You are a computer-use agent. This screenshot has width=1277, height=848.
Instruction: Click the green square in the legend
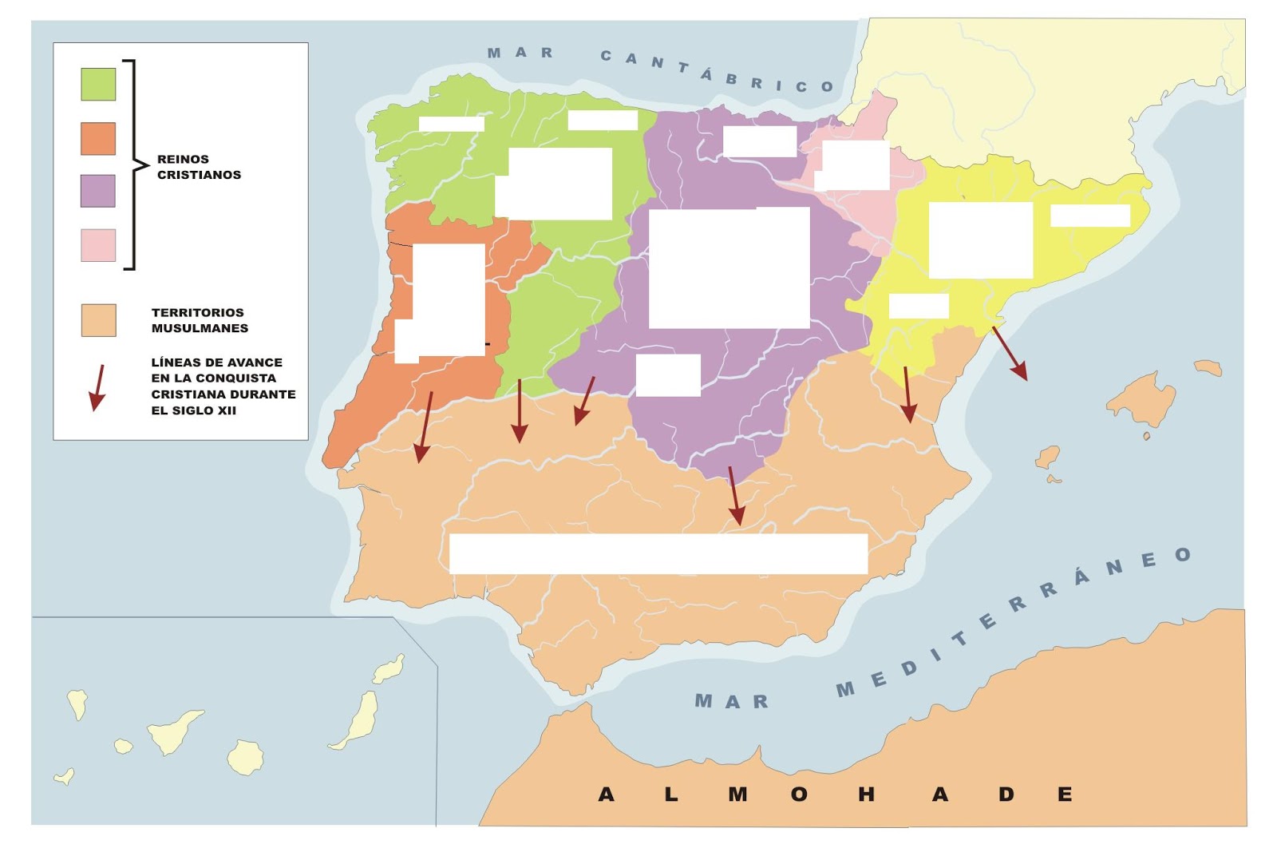(98, 84)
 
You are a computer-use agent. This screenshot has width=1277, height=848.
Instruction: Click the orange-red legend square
(98, 138)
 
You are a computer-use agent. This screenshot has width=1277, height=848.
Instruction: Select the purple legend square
(98, 191)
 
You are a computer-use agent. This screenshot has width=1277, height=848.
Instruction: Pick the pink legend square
(98, 245)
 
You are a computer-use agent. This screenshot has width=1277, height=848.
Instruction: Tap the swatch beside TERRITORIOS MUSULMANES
(98, 320)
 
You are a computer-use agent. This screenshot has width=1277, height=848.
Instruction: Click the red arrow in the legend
(98, 388)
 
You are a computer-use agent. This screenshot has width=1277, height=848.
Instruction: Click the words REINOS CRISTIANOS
(199, 167)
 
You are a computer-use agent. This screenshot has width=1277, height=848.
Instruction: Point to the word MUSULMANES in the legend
(200, 328)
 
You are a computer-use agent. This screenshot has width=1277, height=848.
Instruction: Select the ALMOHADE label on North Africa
(835, 794)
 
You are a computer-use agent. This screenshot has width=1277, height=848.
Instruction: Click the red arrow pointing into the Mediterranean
(1010, 353)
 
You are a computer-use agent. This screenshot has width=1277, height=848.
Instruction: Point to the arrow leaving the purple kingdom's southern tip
(735, 496)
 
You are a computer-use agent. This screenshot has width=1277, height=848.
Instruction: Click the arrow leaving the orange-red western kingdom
(423, 427)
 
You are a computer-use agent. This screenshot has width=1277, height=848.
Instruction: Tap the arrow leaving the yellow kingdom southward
(907, 394)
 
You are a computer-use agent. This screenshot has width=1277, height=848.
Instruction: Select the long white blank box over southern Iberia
(658, 553)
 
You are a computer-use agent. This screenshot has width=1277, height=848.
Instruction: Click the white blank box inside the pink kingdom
(854, 165)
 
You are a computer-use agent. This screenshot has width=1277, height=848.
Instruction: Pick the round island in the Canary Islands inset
(245, 757)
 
